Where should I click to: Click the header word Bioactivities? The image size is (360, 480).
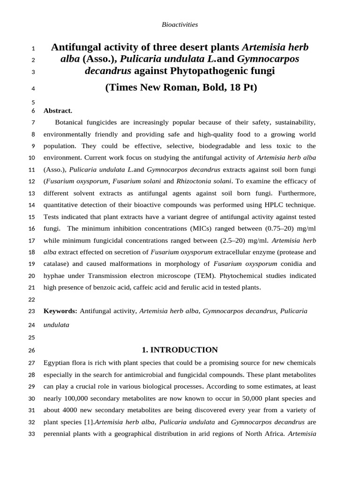click(x=180, y=24)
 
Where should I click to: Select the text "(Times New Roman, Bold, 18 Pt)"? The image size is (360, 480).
click(x=181, y=88)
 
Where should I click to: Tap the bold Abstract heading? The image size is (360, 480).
click(x=58, y=111)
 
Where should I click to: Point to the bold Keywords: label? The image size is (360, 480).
click(x=60, y=311)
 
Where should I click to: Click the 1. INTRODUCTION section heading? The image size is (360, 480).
click(x=180, y=350)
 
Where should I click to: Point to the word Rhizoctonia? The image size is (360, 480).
click(x=194, y=181)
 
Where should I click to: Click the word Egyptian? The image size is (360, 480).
click(x=57, y=363)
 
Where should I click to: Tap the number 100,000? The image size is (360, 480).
click(x=80, y=398)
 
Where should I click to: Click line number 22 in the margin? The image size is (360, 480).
click(x=32, y=300)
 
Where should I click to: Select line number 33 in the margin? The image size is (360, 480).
click(x=32, y=434)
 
